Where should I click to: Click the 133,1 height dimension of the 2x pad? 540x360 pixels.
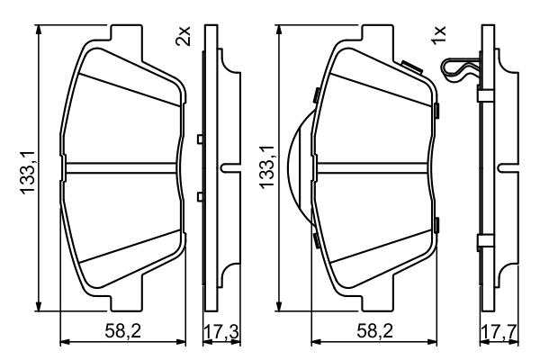tap(28, 166)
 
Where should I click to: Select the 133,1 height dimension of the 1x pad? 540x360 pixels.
tap(267, 166)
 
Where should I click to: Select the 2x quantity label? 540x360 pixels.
tap(184, 37)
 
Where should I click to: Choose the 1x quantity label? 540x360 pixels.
tap(440, 36)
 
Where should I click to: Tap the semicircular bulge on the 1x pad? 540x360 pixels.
tap(296, 166)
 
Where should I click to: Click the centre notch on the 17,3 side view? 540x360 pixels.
tap(230, 166)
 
